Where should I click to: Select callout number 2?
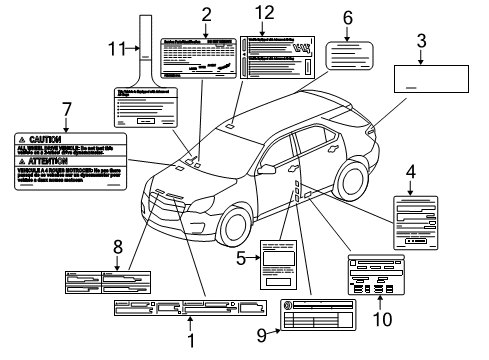click(x=206, y=14)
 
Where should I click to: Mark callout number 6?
click(x=348, y=17)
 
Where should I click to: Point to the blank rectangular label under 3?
click(x=421, y=80)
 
